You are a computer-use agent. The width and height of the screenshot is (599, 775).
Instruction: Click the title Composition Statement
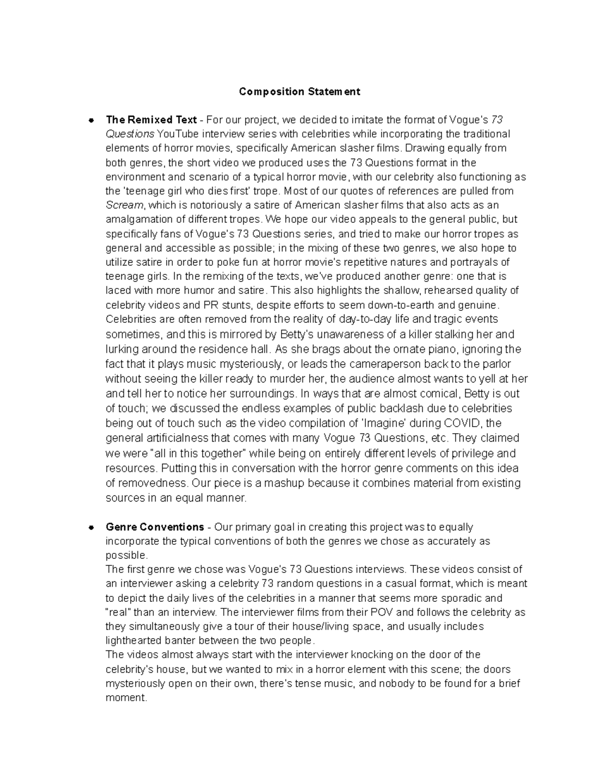(x=299, y=92)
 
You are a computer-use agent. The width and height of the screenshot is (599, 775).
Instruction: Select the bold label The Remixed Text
(x=151, y=120)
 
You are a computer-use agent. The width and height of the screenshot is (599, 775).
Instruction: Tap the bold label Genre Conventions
(x=155, y=527)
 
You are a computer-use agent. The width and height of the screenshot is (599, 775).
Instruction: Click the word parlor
(x=495, y=364)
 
